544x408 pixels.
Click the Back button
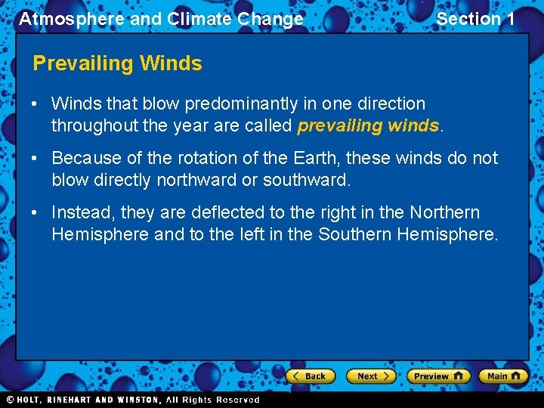coord(310,376)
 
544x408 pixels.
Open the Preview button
coord(438,376)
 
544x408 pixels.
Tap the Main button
coord(503,376)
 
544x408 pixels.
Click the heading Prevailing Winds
coord(117,63)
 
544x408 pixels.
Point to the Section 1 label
coord(475,19)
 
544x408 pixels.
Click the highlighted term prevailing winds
coord(368,125)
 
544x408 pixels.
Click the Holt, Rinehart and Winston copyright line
coord(132,400)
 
